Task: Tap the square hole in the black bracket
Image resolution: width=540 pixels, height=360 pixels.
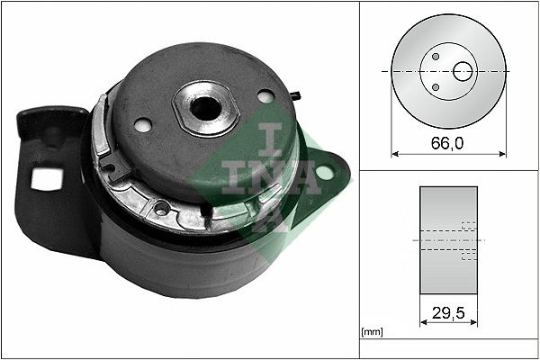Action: (x=42, y=178)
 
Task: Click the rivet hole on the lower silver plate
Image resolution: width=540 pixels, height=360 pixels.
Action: (x=161, y=210)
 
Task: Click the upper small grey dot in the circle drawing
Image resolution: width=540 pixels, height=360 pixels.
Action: (x=436, y=56)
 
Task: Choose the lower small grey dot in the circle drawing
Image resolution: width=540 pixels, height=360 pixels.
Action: (x=436, y=86)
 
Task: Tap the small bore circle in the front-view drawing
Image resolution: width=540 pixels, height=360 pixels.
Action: (x=463, y=70)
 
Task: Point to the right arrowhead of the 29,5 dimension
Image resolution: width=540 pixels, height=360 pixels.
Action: (x=474, y=322)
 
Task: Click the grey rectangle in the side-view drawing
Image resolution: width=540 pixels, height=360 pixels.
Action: (x=448, y=240)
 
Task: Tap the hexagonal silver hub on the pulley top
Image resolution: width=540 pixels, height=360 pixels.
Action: (x=205, y=106)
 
